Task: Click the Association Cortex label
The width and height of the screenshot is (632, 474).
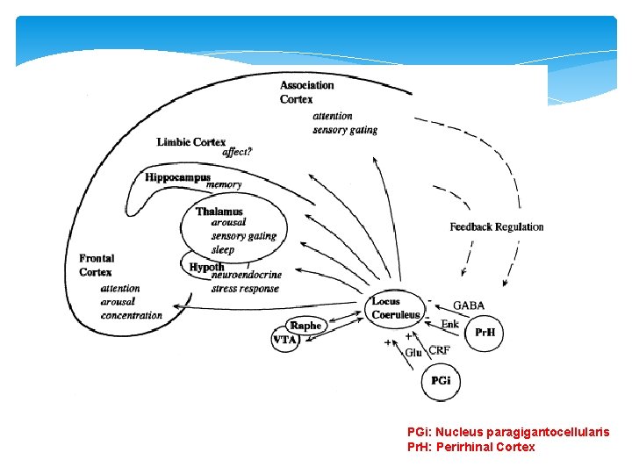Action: pyautogui.click(x=306, y=92)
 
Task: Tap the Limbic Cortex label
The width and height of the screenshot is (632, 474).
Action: pyautogui.click(x=191, y=142)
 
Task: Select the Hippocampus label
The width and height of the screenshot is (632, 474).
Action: pyautogui.click(x=178, y=177)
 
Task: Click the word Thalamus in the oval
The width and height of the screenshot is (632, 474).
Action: pyautogui.click(x=219, y=212)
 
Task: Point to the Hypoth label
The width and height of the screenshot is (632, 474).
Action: pyautogui.click(x=207, y=267)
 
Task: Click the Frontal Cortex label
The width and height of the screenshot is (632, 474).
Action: pyautogui.click(x=97, y=265)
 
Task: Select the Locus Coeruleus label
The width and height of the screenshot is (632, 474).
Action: pyautogui.click(x=395, y=308)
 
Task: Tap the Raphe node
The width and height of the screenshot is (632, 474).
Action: pyautogui.click(x=306, y=325)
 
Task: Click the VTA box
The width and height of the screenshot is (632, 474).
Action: pyautogui.click(x=285, y=341)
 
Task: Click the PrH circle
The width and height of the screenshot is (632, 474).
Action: pyautogui.click(x=485, y=333)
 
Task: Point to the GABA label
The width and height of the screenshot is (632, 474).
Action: pyautogui.click(x=468, y=305)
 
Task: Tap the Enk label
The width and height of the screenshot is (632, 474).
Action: pyautogui.click(x=449, y=325)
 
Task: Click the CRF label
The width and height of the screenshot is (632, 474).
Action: pyautogui.click(x=440, y=350)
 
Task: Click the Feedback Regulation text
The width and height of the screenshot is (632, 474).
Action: pyautogui.click(x=496, y=226)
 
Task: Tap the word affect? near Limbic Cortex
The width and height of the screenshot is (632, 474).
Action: pyautogui.click(x=237, y=152)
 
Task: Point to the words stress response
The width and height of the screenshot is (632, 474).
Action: pyautogui.click(x=245, y=288)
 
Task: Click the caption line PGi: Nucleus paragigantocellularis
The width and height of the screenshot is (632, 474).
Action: pyautogui.click(x=508, y=432)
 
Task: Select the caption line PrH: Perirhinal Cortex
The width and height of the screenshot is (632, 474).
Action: pyautogui.click(x=470, y=447)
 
